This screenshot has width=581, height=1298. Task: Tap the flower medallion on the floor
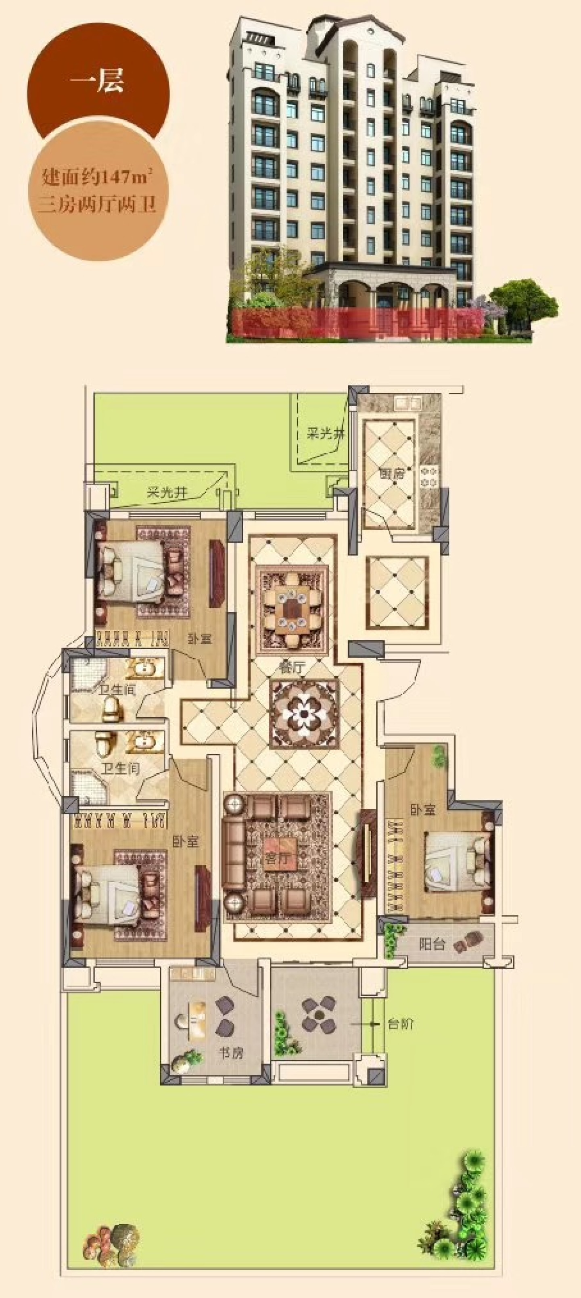tap(304, 714)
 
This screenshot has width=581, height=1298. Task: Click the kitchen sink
tap(409, 403)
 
